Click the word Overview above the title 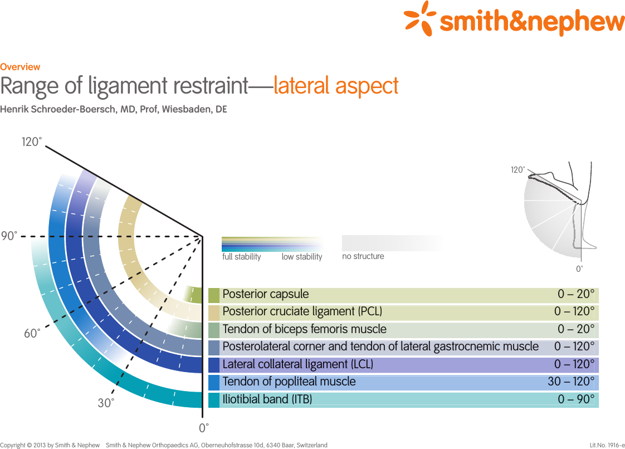click(20, 67)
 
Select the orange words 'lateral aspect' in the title click(336, 86)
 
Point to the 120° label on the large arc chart click(32, 142)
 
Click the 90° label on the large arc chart click(9, 236)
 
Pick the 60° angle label click(32, 334)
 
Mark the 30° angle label click(106, 403)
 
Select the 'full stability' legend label click(241, 257)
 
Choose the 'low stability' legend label click(302, 257)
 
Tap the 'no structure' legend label click(363, 256)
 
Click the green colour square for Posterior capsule click(214, 295)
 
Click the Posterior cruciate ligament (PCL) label click(302, 311)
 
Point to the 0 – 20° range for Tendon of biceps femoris click(576, 329)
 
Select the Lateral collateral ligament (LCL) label click(297, 364)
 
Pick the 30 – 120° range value click(571, 382)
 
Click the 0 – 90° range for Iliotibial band click(576, 399)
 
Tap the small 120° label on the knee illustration click(517, 170)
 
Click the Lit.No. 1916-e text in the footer click(607, 445)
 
